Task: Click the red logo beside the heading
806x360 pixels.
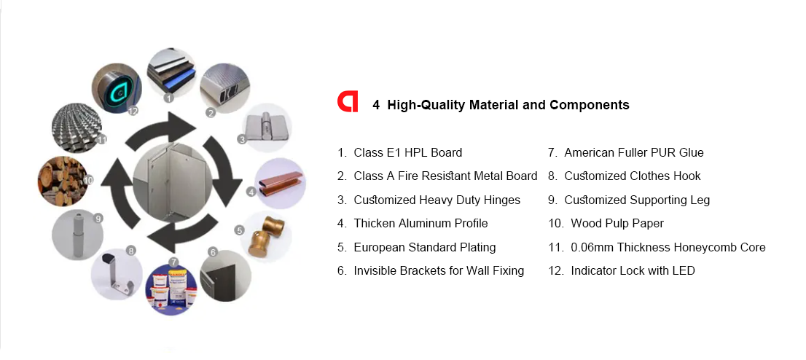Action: (348, 101)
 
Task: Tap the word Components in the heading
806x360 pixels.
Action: (589, 105)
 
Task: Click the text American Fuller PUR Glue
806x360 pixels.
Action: (634, 153)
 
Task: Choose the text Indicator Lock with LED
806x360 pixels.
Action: (633, 271)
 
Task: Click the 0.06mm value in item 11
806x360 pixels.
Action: (592, 247)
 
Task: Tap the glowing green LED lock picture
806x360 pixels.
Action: (116, 88)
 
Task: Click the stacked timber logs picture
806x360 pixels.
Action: (62, 181)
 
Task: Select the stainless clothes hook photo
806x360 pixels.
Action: (116, 274)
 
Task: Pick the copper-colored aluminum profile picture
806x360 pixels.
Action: (281, 183)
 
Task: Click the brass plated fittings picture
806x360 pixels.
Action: (266, 237)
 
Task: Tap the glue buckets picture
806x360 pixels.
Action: (171, 289)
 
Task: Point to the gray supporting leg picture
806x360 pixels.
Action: (77, 235)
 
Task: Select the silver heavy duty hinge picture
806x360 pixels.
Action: (267, 128)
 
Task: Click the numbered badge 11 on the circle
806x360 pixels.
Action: (102, 139)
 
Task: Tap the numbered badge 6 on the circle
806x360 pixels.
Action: (213, 252)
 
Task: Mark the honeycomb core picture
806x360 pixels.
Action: (77, 128)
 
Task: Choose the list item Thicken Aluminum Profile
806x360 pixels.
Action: (420, 224)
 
